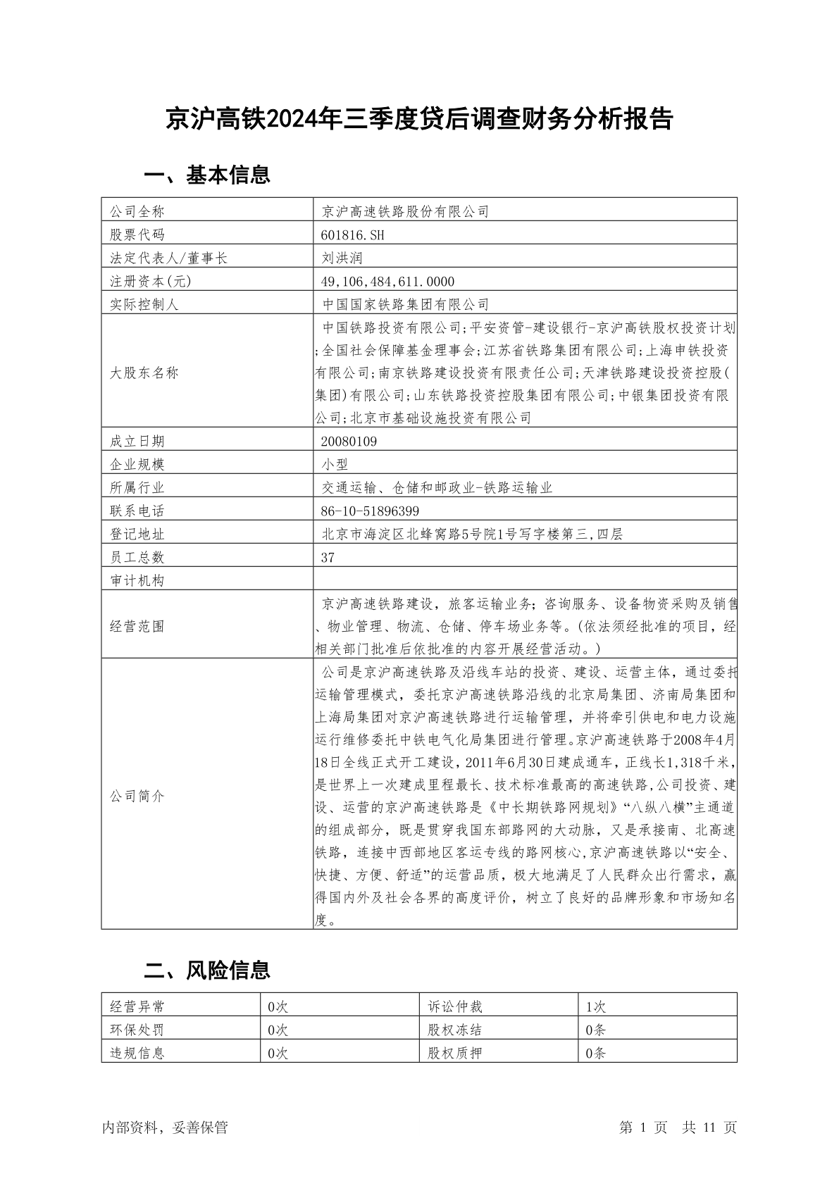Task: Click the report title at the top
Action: (x=419, y=119)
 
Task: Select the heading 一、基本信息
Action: (x=207, y=175)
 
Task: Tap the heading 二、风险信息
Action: (x=207, y=970)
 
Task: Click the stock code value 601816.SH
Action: (x=353, y=235)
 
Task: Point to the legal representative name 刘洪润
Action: (x=342, y=258)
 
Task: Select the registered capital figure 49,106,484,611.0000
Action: (x=387, y=281)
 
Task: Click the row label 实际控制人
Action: (x=144, y=304)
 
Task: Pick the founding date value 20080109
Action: (x=349, y=441)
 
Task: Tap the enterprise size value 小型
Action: (x=335, y=464)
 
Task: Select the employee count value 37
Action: (x=328, y=557)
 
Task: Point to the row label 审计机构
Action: (x=137, y=580)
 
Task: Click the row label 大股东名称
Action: (x=144, y=373)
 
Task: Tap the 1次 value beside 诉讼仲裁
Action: (x=595, y=1007)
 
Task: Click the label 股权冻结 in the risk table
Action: (x=454, y=1030)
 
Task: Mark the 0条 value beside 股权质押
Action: (x=595, y=1053)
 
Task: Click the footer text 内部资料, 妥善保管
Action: (x=165, y=1128)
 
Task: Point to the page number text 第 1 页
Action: (x=643, y=1128)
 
